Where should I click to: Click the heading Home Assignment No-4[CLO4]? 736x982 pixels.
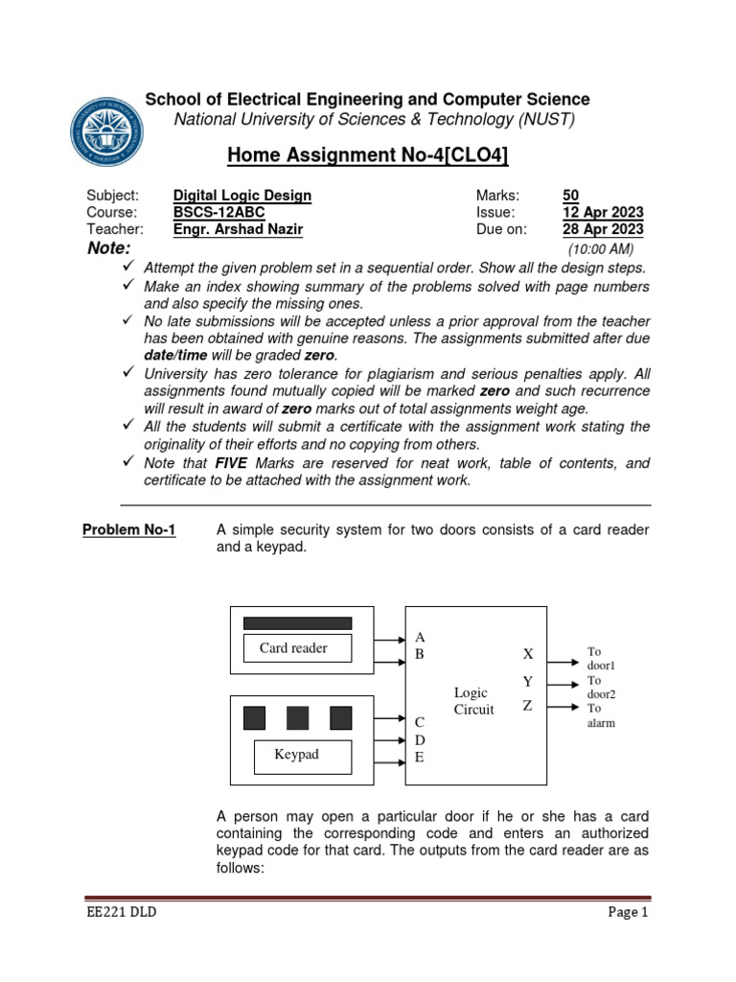pyautogui.click(x=367, y=155)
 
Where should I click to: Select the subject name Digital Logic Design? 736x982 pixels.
pyautogui.click(x=241, y=196)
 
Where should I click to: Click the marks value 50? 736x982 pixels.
pyautogui.click(x=571, y=196)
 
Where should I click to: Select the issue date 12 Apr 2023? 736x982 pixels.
pyautogui.click(x=603, y=213)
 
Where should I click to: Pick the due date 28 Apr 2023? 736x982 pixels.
pyautogui.click(x=603, y=229)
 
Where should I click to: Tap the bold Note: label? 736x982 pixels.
pyautogui.click(x=108, y=248)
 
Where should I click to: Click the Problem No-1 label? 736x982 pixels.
pyautogui.click(x=129, y=529)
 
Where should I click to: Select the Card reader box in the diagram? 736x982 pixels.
pyautogui.click(x=294, y=648)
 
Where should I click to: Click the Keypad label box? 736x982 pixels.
pyautogui.click(x=296, y=755)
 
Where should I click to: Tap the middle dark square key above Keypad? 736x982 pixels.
pyautogui.click(x=298, y=717)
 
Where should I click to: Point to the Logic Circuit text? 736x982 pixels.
pyautogui.click(x=473, y=701)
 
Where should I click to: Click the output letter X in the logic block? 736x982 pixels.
pyautogui.click(x=527, y=654)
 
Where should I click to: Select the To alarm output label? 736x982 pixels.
pyautogui.click(x=601, y=715)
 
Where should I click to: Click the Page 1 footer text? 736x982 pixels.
pyautogui.click(x=629, y=913)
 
